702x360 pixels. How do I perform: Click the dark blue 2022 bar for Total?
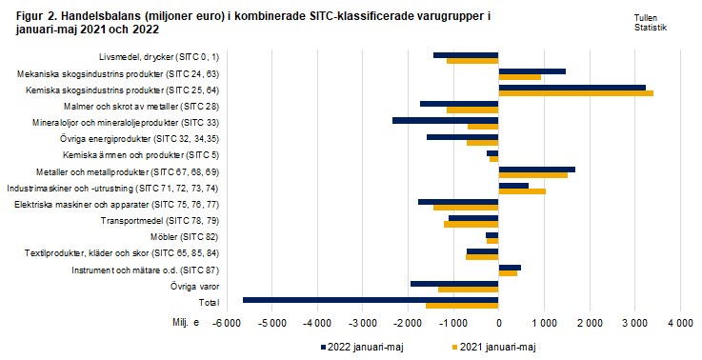(371, 299)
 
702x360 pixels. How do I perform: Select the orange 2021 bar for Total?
(462, 306)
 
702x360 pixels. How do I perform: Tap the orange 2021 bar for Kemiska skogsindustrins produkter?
(575, 93)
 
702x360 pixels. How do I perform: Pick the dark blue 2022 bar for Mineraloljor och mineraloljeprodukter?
(445, 120)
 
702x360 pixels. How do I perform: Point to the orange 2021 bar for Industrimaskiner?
(522, 191)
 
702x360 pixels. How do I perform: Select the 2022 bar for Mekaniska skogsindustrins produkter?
(532, 70)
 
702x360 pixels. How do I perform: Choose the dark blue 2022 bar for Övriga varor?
(454, 283)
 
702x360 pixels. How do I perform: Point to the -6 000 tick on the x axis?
(227, 325)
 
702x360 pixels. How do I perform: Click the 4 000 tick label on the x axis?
(679, 325)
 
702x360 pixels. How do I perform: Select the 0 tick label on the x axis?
(498, 325)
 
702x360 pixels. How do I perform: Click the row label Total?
(208, 302)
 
